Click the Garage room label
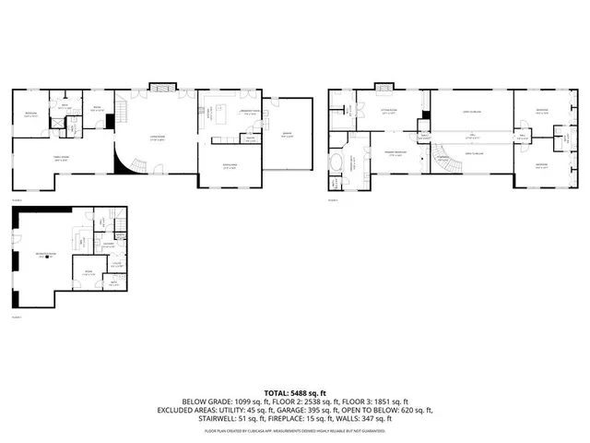point(288,136)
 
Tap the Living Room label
point(158,138)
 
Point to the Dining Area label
point(230,166)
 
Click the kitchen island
point(222,114)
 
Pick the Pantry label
point(249,138)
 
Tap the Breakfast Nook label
point(249,111)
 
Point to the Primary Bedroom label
point(397,155)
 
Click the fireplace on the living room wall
point(160,87)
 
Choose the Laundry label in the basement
point(109,245)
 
